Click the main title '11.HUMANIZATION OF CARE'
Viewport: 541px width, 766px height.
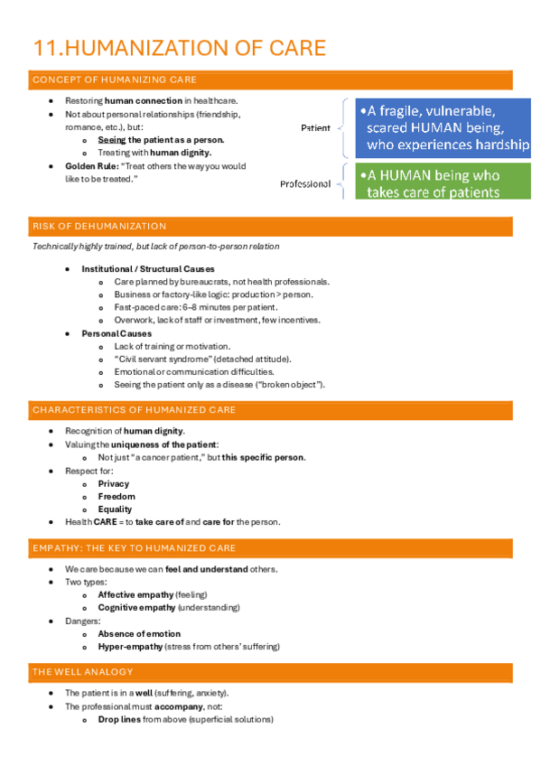[x=179, y=48]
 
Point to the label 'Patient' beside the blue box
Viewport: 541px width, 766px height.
[x=315, y=128]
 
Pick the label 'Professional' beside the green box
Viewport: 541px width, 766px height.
[x=305, y=184]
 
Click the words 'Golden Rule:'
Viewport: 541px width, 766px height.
[x=87, y=166]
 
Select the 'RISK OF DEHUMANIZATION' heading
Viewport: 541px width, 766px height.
[x=99, y=226]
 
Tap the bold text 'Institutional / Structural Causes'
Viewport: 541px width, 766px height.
[x=148, y=269]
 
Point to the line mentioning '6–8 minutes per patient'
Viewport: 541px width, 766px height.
[x=195, y=307]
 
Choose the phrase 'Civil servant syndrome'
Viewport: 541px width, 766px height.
[x=163, y=359]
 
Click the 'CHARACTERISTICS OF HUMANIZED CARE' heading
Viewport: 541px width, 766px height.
[x=134, y=410]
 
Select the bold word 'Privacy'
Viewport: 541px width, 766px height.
[x=114, y=483]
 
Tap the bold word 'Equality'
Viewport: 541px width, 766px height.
[x=115, y=509]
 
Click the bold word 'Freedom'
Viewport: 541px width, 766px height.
[x=117, y=497]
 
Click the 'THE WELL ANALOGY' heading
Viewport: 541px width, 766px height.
[x=82, y=672]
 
